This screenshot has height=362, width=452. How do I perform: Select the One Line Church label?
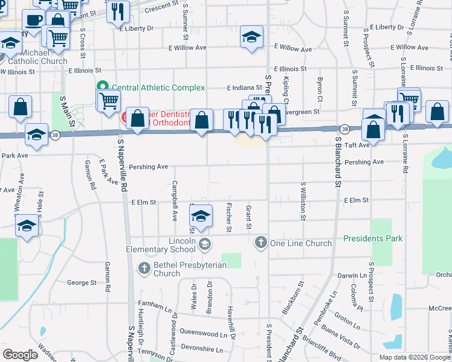(x=301, y=243)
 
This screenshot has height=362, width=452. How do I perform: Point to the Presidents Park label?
(x=373, y=238)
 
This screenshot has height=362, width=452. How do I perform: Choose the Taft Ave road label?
(x=357, y=145)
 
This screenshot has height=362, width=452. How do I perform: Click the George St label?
(x=82, y=282)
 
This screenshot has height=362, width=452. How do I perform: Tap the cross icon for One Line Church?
(x=260, y=243)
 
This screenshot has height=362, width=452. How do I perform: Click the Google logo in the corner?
(x=20, y=355)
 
